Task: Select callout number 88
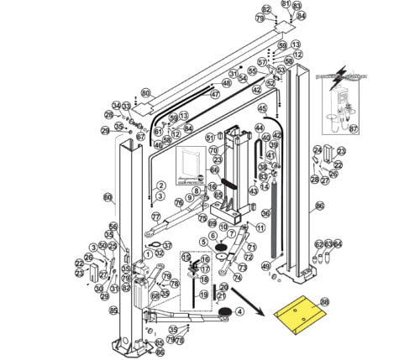325,301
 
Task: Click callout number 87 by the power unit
353,128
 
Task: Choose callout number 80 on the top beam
145,93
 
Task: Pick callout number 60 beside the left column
108,197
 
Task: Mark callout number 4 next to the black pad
239,311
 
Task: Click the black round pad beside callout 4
224,312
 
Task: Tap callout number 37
167,245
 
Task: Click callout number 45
261,108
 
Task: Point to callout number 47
214,94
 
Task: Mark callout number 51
210,137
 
